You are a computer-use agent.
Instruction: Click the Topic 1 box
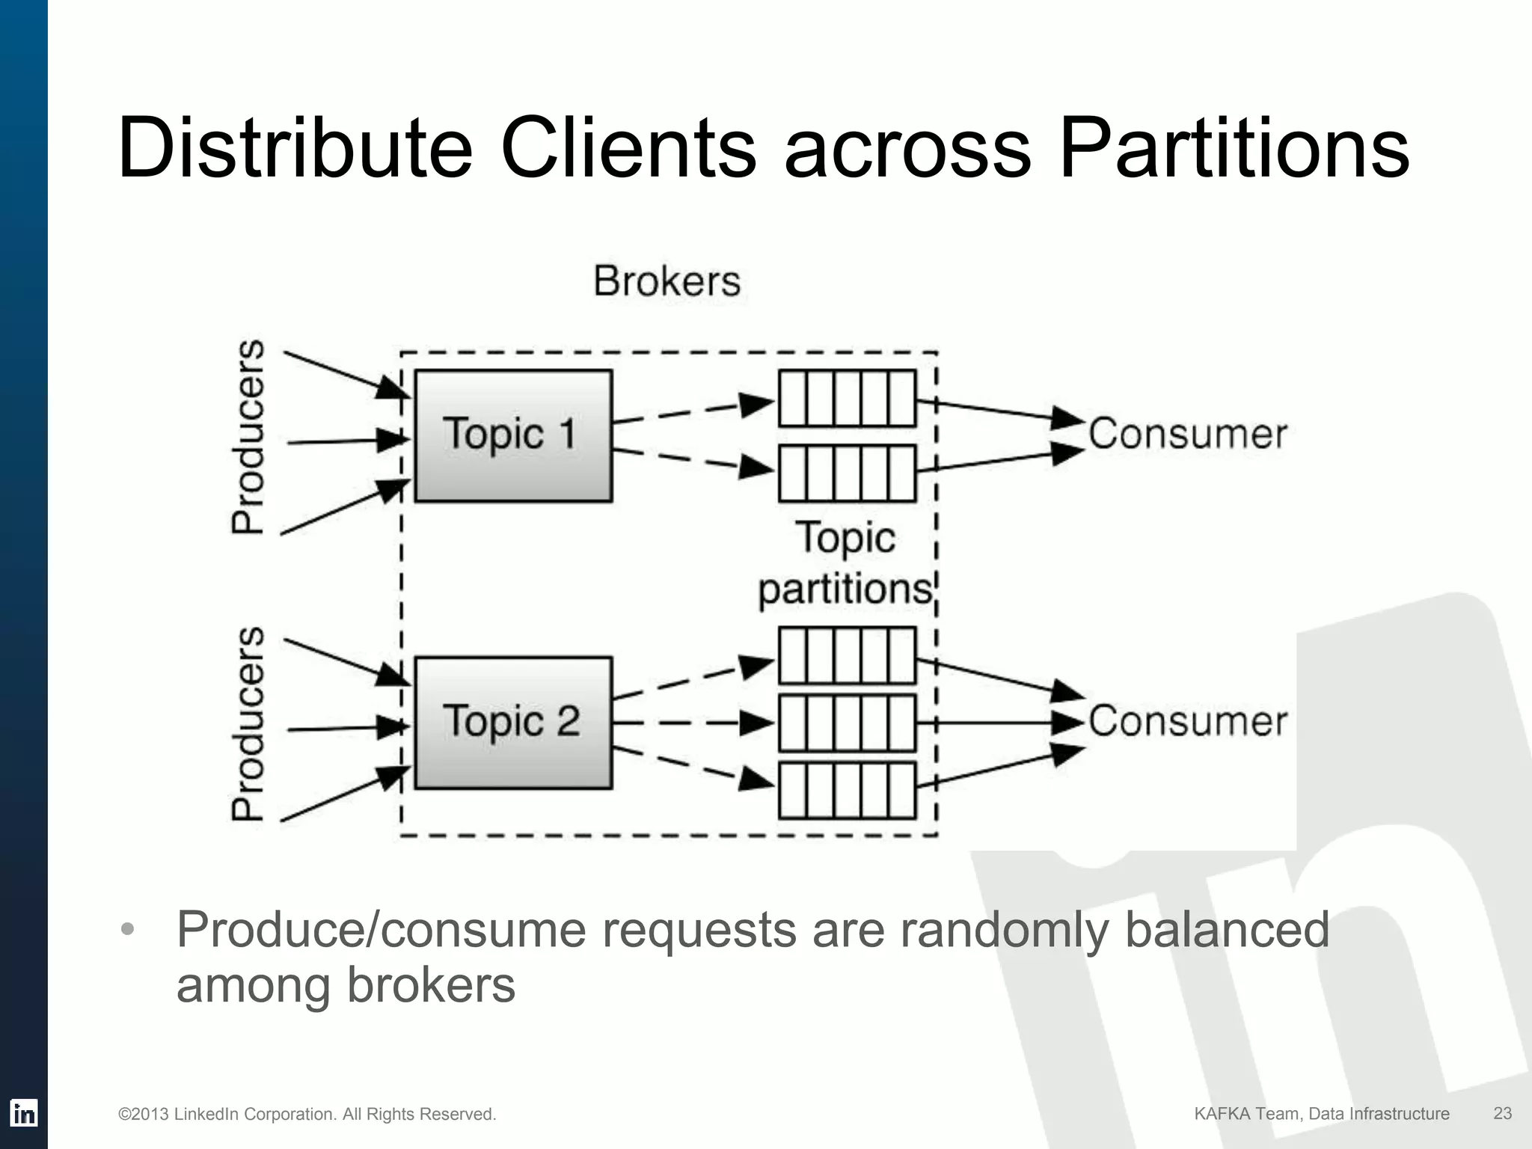point(513,435)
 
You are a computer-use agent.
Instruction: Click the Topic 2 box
point(513,723)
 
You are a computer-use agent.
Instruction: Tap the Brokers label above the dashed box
point(667,282)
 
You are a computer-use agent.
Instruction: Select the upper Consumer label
point(1187,434)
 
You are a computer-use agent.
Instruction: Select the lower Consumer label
point(1187,721)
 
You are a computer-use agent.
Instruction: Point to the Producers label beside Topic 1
point(248,437)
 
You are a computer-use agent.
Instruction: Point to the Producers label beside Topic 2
point(248,724)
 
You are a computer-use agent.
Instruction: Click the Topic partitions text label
point(845,563)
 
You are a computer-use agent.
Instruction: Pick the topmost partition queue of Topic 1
point(847,399)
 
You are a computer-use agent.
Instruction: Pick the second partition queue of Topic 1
point(847,473)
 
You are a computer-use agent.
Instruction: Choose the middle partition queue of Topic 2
point(847,723)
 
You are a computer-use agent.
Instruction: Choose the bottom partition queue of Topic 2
point(847,791)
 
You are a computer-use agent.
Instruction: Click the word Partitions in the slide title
point(1234,147)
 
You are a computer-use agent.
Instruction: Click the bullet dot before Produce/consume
point(128,930)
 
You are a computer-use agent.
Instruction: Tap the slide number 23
point(1502,1113)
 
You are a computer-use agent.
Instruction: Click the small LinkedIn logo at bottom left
point(23,1113)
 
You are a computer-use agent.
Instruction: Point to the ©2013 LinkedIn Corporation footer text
point(307,1115)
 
